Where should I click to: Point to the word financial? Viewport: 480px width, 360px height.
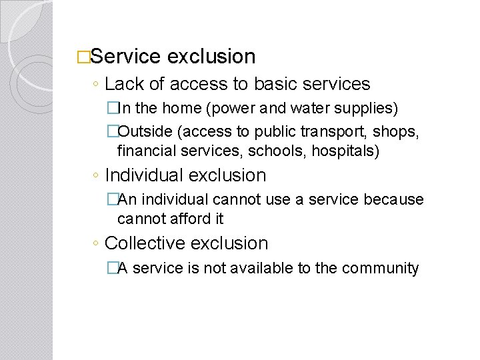pyautogui.click(x=144, y=151)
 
